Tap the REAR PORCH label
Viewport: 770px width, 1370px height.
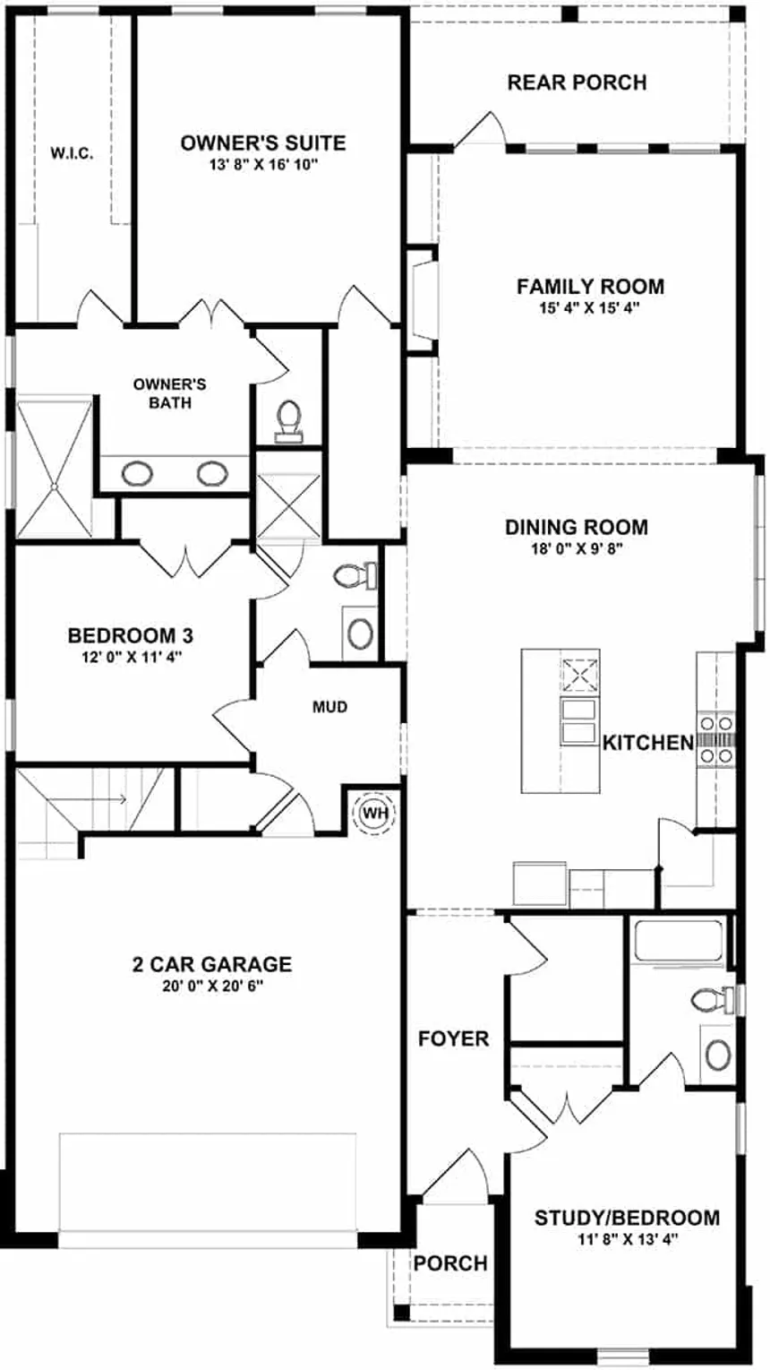577,82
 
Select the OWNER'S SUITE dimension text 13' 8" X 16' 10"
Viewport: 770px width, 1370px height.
263,164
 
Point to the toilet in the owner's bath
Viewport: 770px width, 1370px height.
288,419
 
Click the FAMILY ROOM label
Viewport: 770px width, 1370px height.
590,287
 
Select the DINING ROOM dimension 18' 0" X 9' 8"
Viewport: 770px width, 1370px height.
577,548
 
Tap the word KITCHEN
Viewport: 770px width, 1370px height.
647,742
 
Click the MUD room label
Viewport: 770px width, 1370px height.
329,707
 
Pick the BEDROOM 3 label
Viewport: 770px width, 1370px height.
131,635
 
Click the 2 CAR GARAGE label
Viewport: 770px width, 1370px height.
211,964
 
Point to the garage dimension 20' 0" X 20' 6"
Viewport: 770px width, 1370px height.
211,986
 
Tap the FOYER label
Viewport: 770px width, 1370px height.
454,1038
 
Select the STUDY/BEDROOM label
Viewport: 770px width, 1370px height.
627,1218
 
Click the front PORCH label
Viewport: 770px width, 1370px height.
450,1262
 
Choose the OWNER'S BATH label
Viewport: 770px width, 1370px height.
170,393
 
